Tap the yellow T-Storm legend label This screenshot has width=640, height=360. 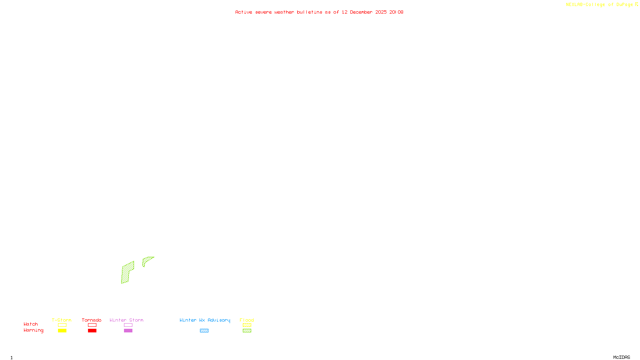(x=62, y=320)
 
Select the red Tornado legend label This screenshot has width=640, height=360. (x=92, y=320)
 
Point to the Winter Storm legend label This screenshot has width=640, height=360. (x=126, y=320)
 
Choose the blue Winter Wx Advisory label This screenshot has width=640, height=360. (x=205, y=320)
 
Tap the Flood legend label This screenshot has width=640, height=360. (x=247, y=320)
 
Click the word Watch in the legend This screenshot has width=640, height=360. (x=31, y=324)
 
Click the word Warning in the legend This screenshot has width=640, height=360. (x=34, y=330)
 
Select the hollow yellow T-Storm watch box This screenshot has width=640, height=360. (x=62, y=325)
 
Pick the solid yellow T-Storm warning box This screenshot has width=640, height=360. (x=62, y=331)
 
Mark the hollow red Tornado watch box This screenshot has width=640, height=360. (x=92, y=325)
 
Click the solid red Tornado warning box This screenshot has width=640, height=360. (x=92, y=331)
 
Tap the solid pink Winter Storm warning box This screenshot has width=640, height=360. (x=128, y=331)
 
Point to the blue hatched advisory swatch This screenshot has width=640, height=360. (x=204, y=331)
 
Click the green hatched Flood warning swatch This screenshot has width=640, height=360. (x=247, y=331)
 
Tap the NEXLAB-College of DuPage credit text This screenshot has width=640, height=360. (x=600, y=4)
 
